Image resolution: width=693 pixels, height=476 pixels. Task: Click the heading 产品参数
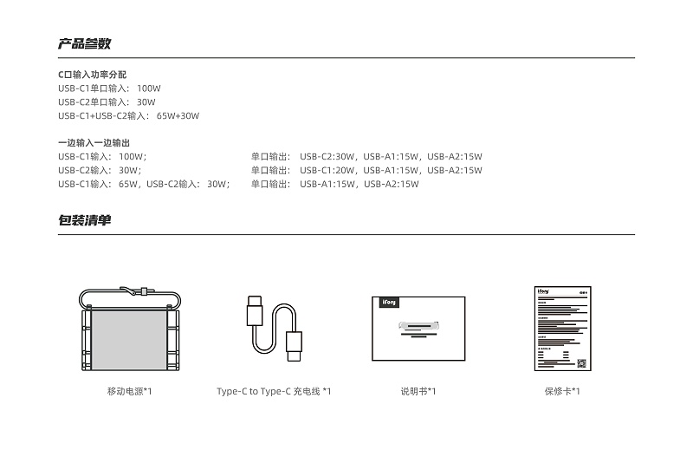pos(84,43)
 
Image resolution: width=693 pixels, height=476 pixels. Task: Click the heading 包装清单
pos(84,220)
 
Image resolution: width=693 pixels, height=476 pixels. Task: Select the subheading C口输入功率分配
pos(93,75)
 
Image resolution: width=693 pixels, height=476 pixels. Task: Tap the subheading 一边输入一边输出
pos(94,142)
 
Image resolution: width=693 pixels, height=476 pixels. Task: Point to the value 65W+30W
pos(178,115)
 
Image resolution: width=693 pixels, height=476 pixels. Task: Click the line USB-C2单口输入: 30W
pos(107,101)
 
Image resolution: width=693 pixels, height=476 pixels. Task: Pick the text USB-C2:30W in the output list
pos(327,156)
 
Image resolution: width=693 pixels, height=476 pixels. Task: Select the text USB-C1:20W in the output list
pos(327,170)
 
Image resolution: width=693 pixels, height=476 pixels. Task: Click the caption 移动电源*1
pos(129,391)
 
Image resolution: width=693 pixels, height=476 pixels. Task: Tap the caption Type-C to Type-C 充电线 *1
pos(274,391)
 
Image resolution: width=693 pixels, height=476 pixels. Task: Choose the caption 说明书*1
pos(418,391)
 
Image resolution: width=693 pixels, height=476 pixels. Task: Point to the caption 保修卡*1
pos(562,391)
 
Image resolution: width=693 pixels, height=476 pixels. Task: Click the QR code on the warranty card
pos(581,363)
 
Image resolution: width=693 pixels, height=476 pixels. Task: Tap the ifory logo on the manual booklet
pos(389,302)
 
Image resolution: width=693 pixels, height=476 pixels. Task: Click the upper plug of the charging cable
pos(255,311)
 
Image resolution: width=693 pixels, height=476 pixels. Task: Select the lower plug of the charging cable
pos(294,346)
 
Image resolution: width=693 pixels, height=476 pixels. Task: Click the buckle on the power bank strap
pos(143,291)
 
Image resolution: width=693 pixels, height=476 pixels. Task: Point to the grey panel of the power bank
pos(130,339)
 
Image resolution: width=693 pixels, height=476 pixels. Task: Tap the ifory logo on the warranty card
pos(543,291)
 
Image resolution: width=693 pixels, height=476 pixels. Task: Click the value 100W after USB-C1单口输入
pos(148,88)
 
